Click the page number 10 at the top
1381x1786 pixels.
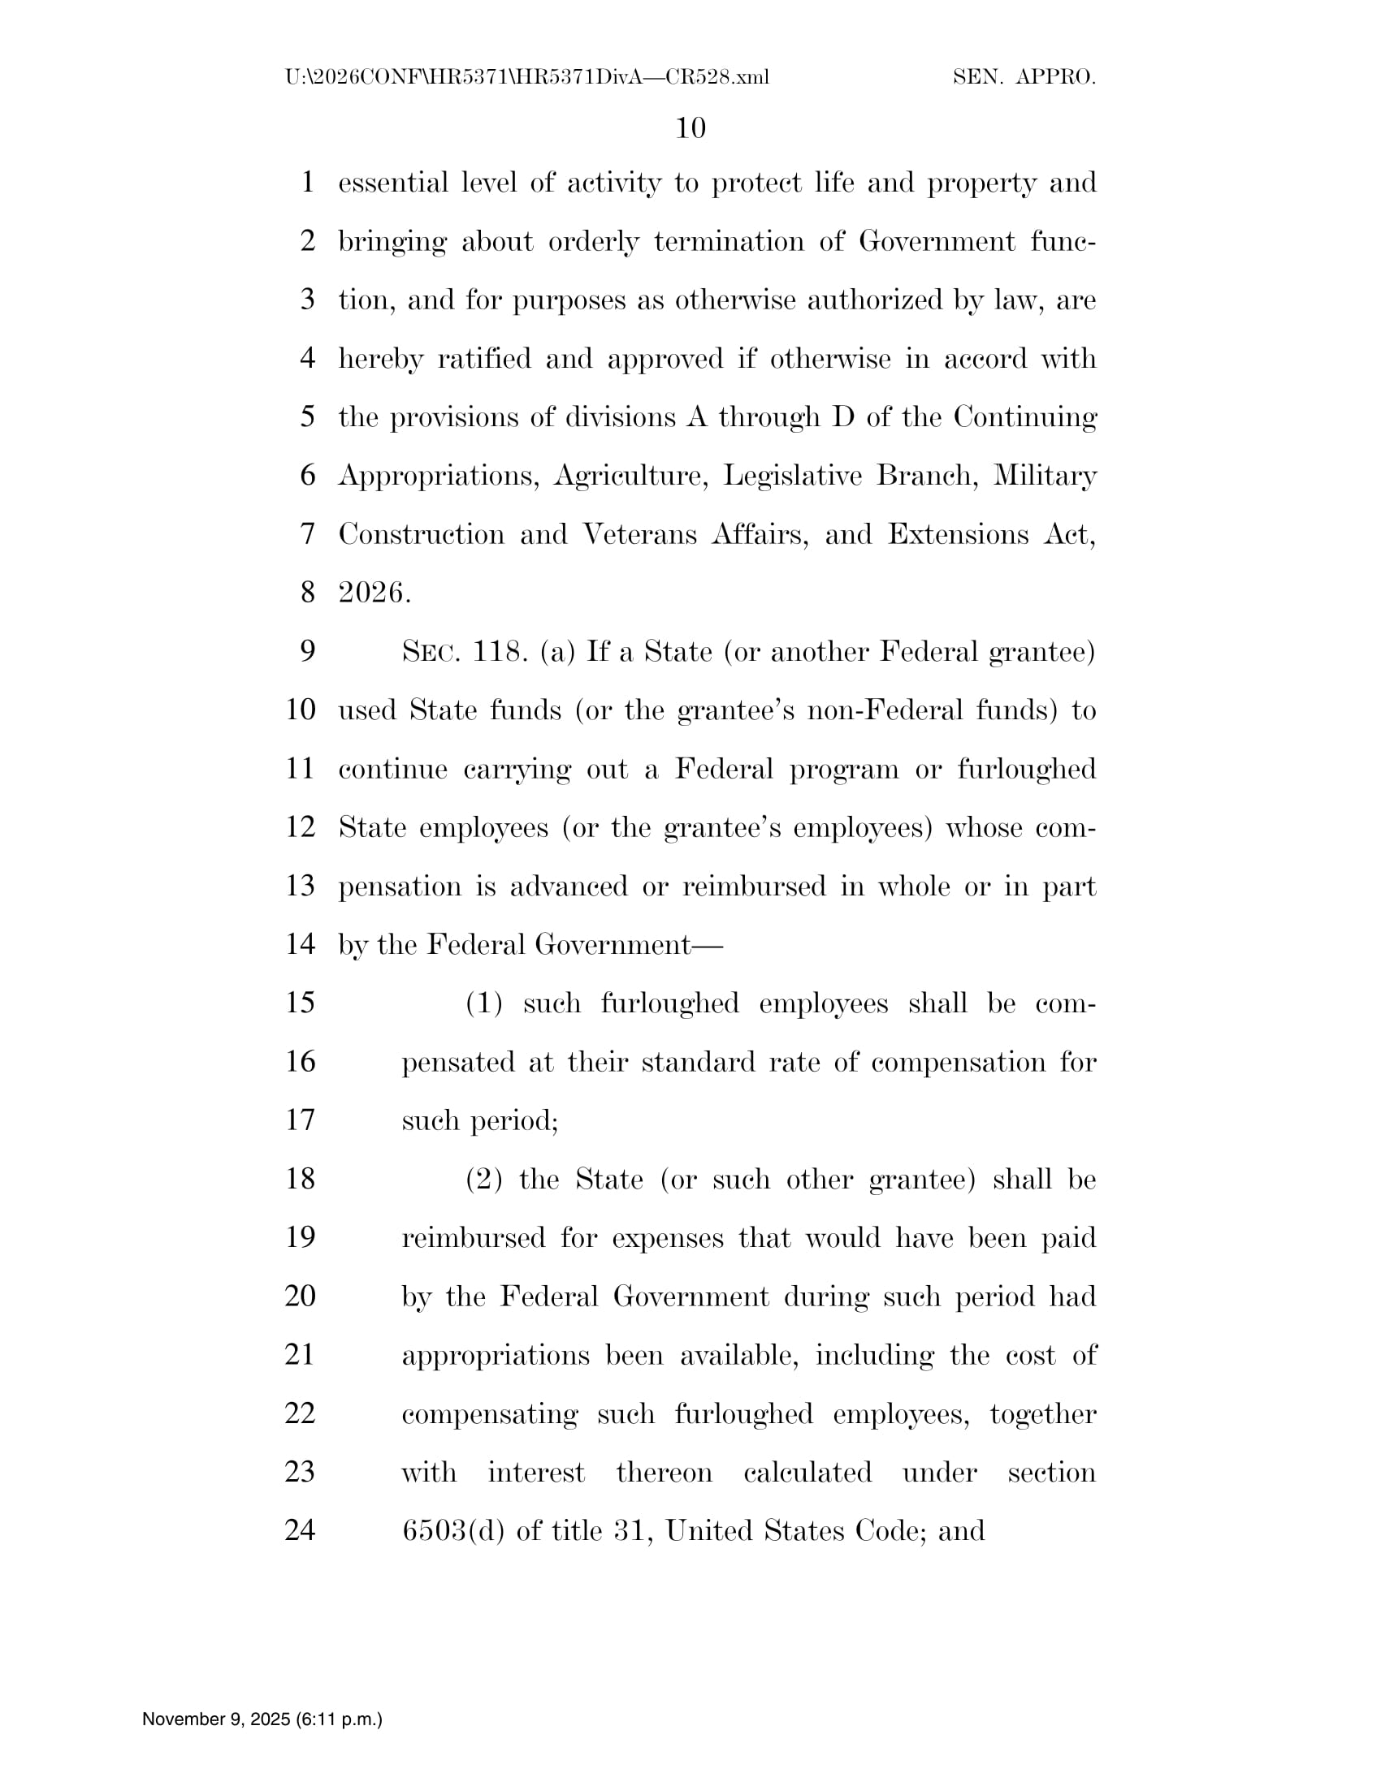(690, 128)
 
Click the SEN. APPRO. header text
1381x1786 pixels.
(1024, 78)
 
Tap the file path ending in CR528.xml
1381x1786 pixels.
(527, 78)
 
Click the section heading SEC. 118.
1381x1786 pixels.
(463, 652)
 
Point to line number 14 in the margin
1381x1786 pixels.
(301, 944)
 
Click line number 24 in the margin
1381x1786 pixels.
(301, 1530)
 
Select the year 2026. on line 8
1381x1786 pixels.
(374, 593)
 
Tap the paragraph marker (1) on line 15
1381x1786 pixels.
(483, 1003)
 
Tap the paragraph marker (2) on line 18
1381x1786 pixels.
(483, 1180)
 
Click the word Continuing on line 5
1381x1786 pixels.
(1024, 417)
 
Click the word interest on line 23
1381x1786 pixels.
(536, 1472)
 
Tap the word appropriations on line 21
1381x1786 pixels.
(495, 1356)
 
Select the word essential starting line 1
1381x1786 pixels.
(392, 183)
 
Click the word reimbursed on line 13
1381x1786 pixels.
(754, 886)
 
